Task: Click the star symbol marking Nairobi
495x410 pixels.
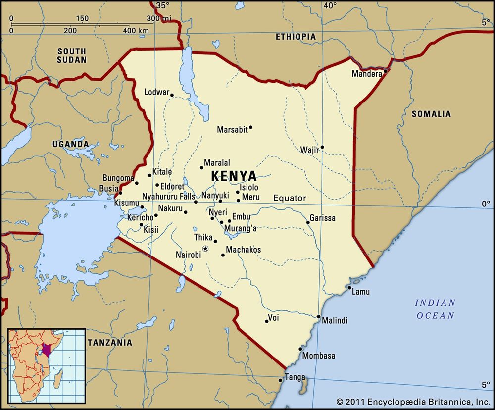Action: tap(205, 248)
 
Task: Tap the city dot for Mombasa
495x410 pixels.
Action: tap(300, 349)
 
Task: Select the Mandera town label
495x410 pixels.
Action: tap(367, 74)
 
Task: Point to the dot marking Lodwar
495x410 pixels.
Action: tap(172, 95)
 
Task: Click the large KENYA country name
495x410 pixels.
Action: tap(234, 176)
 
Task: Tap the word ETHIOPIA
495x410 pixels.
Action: tap(296, 37)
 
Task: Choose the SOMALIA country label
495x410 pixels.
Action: tap(431, 114)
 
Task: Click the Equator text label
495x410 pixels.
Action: tap(290, 198)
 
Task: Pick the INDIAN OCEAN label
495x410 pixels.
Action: tap(435, 309)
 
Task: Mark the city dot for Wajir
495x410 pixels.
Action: tap(322, 147)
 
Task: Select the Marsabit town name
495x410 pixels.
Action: tap(232, 130)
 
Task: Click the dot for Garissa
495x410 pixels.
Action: tap(308, 222)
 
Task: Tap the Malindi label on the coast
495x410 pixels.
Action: tap(335, 321)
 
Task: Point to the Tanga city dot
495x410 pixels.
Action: tap(281, 380)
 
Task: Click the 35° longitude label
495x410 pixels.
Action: tap(162, 6)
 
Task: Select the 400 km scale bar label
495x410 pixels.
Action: tap(136, 31)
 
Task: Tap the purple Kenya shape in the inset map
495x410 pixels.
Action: tap(47, 350)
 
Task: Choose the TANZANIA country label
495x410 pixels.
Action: tap(110, 342)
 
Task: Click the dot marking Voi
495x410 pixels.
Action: tap(267, 321)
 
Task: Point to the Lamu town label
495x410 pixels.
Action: tap(360, 292)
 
